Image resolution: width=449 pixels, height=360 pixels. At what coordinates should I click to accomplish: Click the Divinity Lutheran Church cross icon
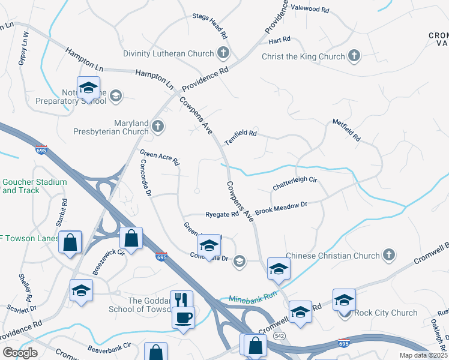click(x=223, y=53)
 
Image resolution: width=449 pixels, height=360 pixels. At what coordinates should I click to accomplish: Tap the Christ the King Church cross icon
click(x=354, y=56)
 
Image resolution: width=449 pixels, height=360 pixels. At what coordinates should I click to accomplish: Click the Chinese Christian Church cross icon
click(x=388, y=256)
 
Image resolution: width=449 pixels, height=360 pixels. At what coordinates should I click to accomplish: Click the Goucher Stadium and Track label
click(x=34, y=186)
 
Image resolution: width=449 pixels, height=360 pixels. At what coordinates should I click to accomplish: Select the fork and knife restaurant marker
click(x=181, y=299)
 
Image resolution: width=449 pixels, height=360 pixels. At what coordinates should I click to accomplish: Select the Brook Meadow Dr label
click(x=281, y=208)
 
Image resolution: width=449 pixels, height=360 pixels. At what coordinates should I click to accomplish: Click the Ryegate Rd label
click(x=222, y=214)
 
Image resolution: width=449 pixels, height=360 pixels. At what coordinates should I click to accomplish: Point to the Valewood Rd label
click(x=310, y=10)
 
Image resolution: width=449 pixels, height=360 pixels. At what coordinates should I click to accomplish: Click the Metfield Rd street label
click(x=346, y=130)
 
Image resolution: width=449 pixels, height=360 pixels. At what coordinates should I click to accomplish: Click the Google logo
click(x=20, y=353)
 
